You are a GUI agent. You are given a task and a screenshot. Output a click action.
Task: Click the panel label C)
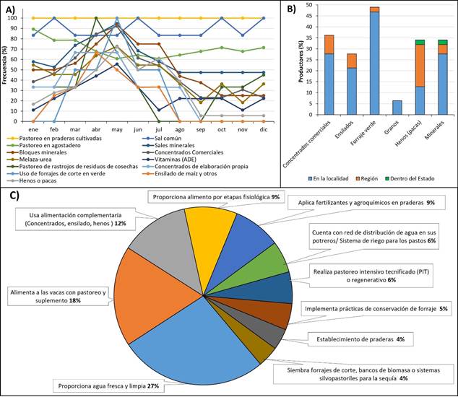[x=13, y=194]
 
